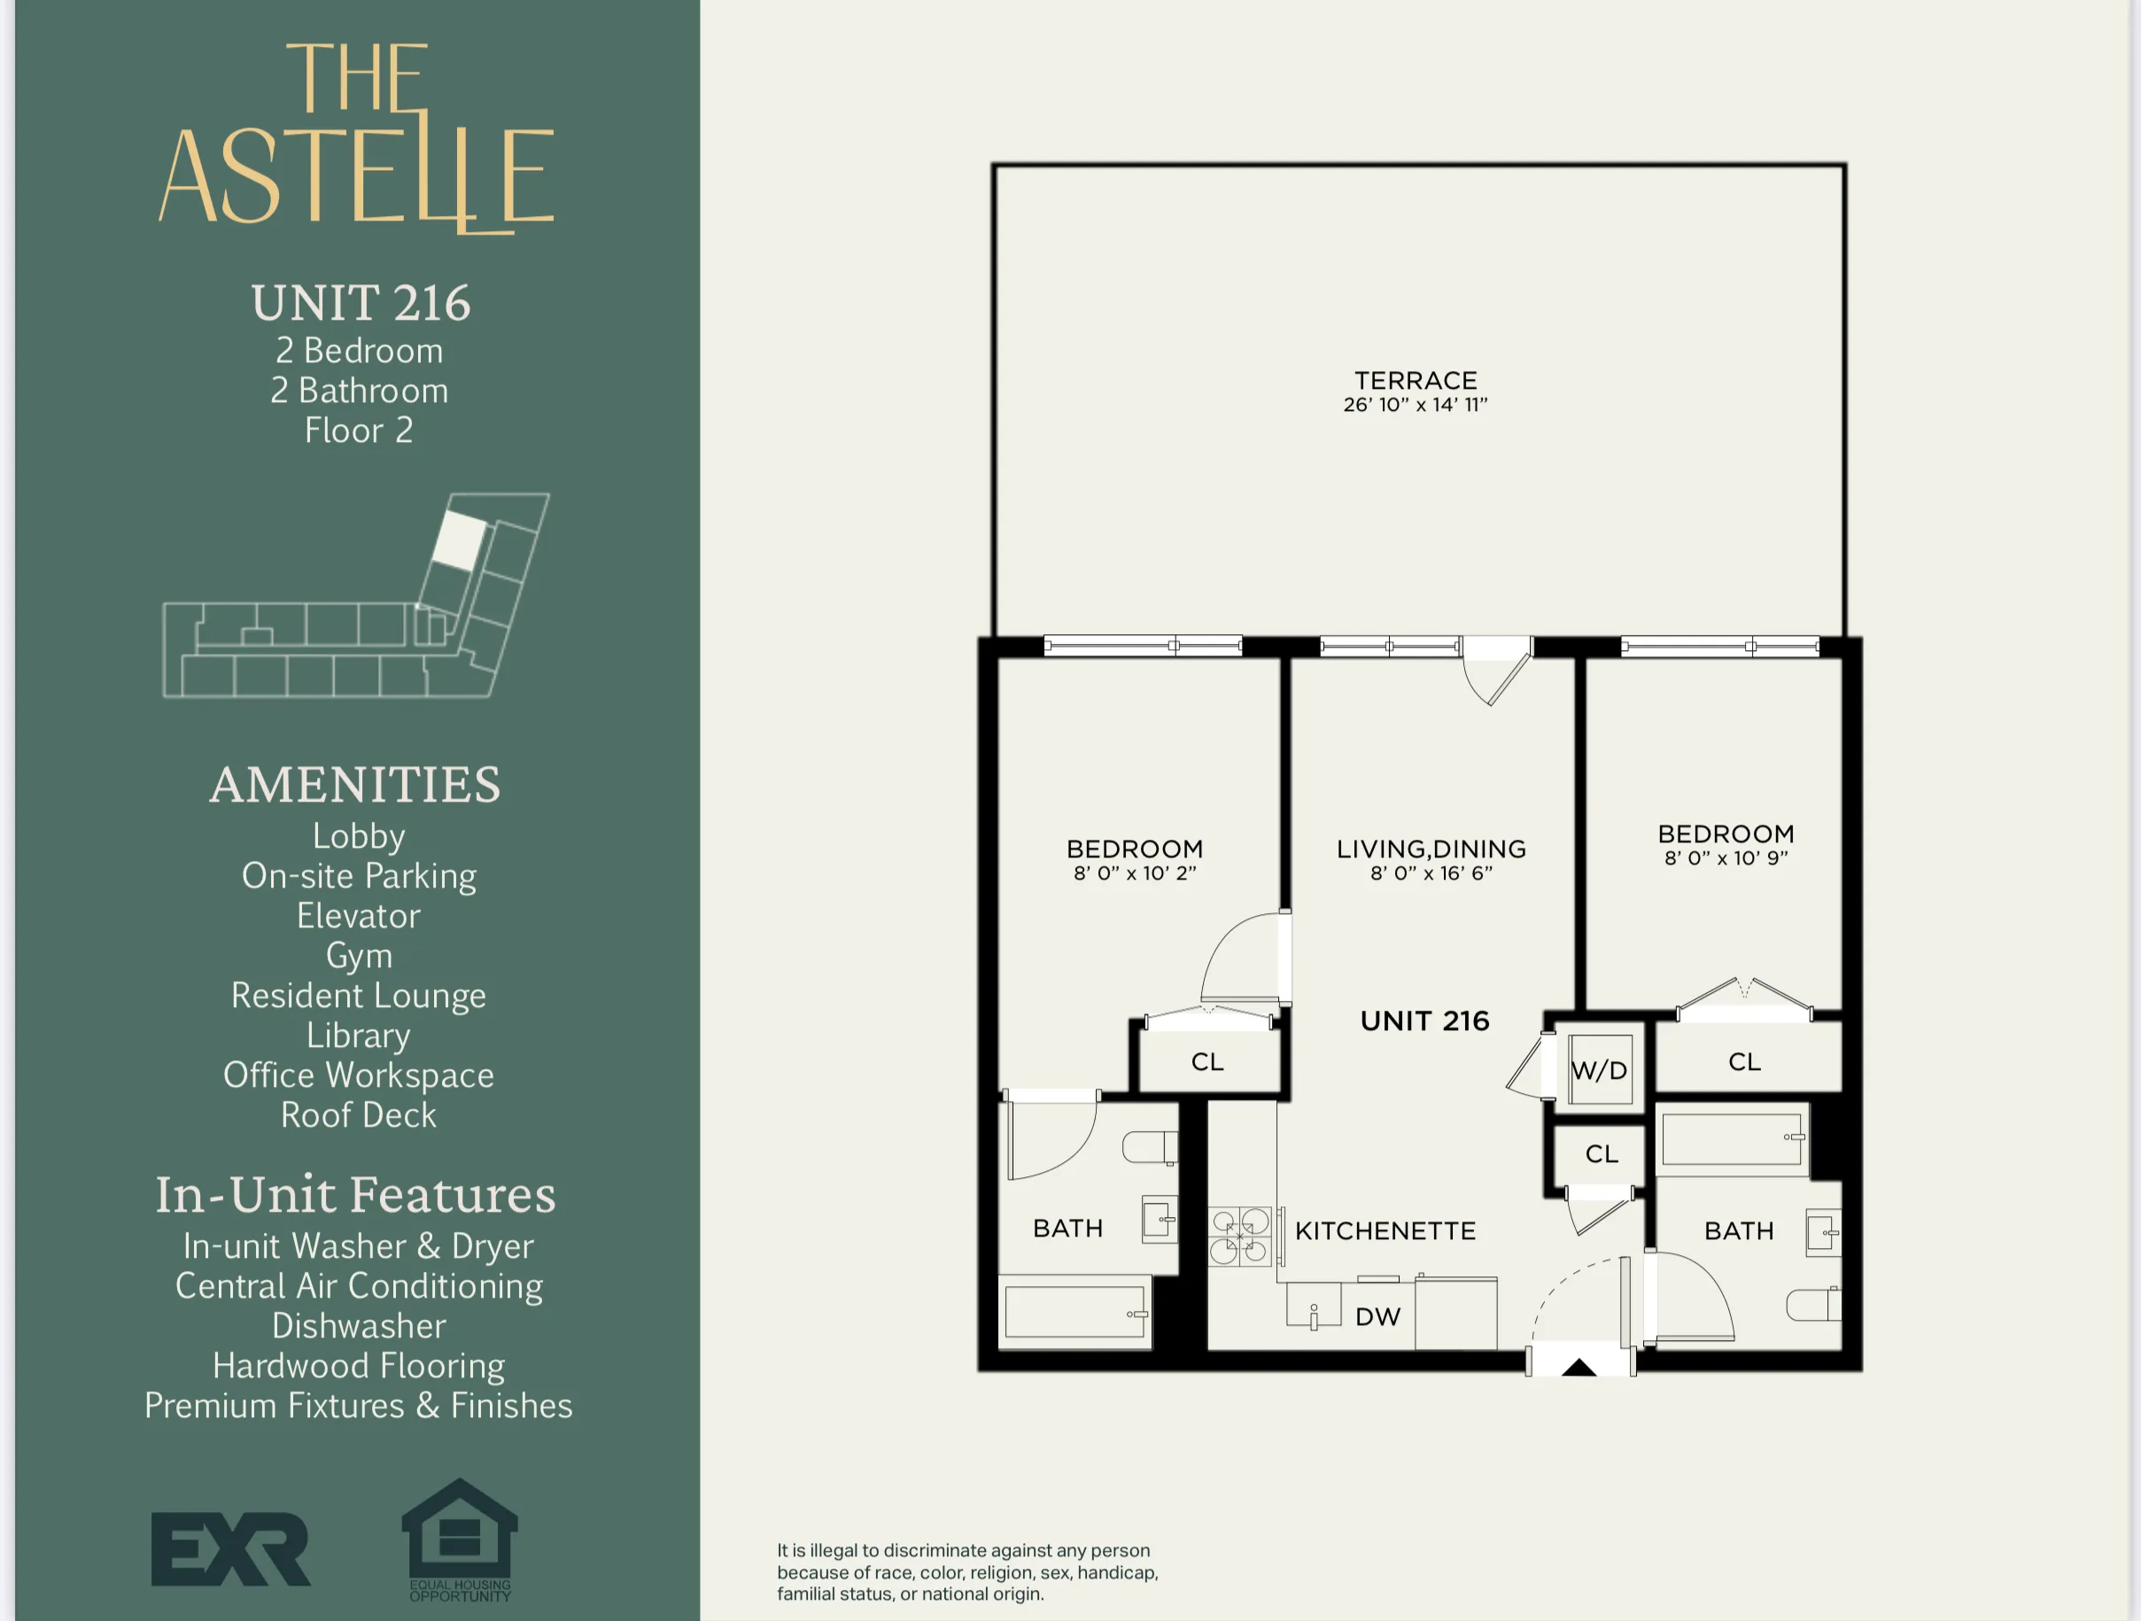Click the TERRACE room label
click(1415, 381)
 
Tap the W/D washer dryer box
click(1600, 1069)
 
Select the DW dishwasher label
click(1377, 1316)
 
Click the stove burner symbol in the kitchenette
click(1240, 1236)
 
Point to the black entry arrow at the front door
click(1579, 1368)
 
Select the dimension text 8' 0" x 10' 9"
click(1726, 858)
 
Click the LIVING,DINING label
click(1431, 849)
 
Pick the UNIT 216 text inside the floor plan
click(1424, 1021)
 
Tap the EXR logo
click(230, 1549)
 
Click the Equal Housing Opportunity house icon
click(460, 1534)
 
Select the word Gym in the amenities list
click(359, 955)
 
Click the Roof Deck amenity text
click(359, 1115)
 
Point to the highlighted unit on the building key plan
click(459, 540)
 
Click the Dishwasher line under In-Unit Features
click(359, 1325)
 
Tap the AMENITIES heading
click(355, 785)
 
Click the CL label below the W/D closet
click(1601, 1153)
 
